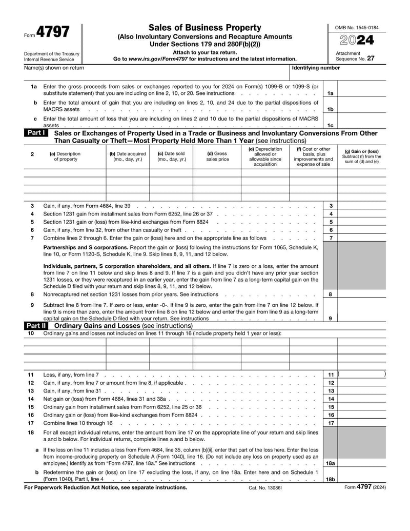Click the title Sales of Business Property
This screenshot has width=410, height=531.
[204, 28]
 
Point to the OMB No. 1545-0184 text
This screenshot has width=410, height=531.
[357, 27]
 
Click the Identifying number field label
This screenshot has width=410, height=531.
[315, 68]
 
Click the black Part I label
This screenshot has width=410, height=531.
[35, 133]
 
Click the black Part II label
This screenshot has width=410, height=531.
[36, 326]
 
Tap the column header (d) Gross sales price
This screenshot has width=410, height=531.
[217, 156]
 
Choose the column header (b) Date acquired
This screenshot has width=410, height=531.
[128, 156]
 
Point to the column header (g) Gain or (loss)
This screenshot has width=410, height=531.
[362, 156]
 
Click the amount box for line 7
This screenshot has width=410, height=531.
[362, 238]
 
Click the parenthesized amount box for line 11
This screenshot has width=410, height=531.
[362, 375]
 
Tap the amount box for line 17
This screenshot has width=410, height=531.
[362, 423]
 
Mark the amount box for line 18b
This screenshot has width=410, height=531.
[362, 479]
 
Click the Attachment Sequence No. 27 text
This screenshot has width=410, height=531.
[355, 56]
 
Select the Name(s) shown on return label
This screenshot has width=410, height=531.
[54, 68]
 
